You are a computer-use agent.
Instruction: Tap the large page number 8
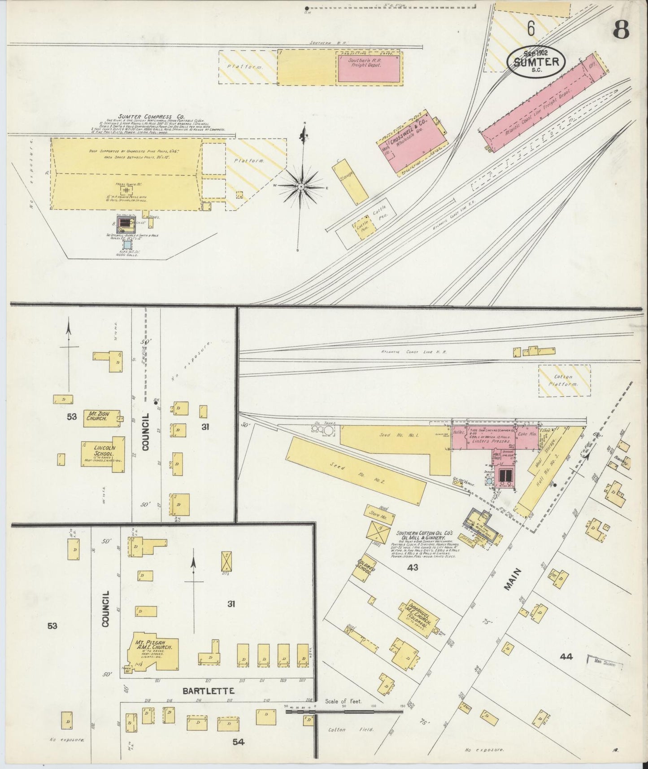tap(621, 31)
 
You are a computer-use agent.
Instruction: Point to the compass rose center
tap(302, 186)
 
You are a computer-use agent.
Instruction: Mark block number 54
tap(238, 742)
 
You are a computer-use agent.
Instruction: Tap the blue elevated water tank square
tap(127, 245)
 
